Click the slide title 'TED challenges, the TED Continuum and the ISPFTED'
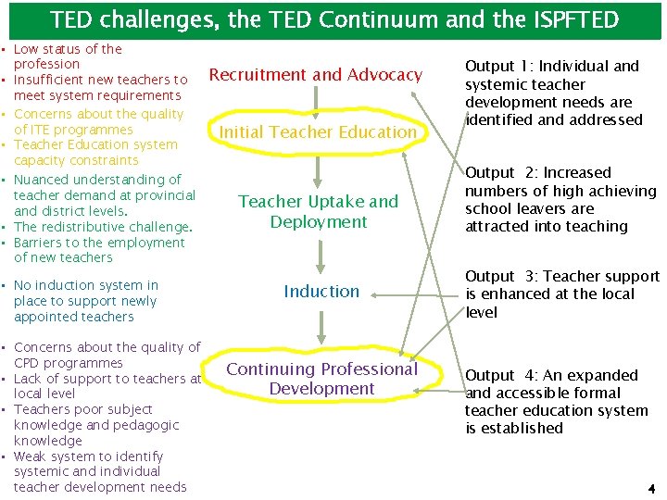[333, 19]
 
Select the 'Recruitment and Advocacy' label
[316, 75]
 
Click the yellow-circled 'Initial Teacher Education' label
[318, 132]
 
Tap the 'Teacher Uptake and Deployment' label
[318, 211]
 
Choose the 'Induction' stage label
[321, 292]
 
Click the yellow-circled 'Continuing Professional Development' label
[321, 379]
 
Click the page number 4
[650, 487]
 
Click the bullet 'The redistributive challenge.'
[103, 227]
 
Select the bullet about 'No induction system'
[85, 301]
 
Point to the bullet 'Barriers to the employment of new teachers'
[99, 250]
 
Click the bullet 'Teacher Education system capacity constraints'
[95, 152]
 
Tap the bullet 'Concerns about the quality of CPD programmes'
[107, 355]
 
